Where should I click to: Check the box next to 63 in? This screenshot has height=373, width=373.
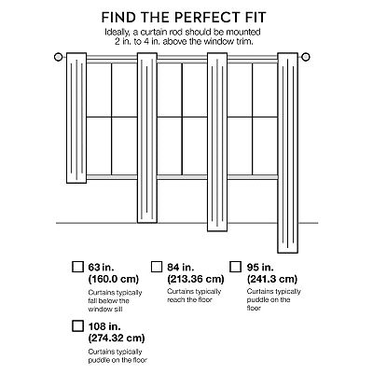click(77, 267)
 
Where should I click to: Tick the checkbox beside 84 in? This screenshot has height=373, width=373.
click(157, 267)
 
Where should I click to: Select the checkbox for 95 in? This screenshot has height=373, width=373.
click(236, 267)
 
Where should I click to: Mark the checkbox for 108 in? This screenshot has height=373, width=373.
click(77, 325)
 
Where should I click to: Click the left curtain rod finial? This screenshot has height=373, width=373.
click(58, 57)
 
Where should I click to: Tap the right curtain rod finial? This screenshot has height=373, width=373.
click(306, 57)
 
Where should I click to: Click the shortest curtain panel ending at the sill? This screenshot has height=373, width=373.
click(76, 117)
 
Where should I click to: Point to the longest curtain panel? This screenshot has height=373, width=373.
click(287, 153)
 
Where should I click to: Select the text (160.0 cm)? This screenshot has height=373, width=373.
click(114, 279)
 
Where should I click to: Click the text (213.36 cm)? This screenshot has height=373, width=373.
click(196, 279)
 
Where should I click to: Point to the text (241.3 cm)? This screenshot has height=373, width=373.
click(272, 279)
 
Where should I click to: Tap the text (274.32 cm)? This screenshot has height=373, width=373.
click(117, 338)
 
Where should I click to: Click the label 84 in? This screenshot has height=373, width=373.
click(181, 267)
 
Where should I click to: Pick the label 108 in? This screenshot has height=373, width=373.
click(104, 326)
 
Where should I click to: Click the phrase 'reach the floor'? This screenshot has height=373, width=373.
click(189, 300)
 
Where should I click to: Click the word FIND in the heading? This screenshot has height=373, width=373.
click(117, 17)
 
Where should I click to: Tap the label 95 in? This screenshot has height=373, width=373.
click(260, 267)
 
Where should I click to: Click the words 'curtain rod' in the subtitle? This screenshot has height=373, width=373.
click(160, 32)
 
